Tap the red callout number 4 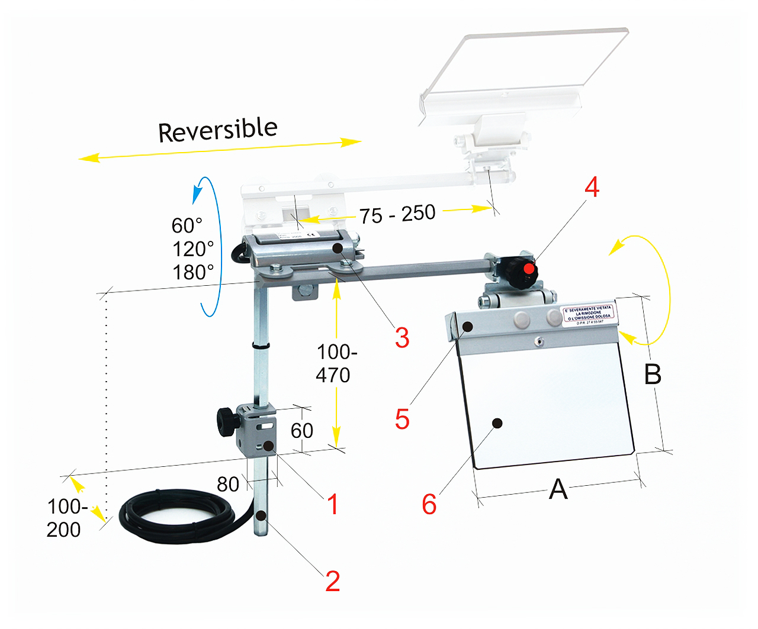592,187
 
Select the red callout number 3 402,338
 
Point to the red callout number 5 402,419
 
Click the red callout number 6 429,504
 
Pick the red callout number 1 333,504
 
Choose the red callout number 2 333,581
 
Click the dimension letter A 558,489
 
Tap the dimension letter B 653,374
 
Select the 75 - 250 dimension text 397,214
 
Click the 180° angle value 193,272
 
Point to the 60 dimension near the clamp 302,430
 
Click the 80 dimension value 228,484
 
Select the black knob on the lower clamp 226,421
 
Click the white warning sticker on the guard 589,314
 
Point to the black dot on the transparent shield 497,423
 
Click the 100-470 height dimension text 335,363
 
